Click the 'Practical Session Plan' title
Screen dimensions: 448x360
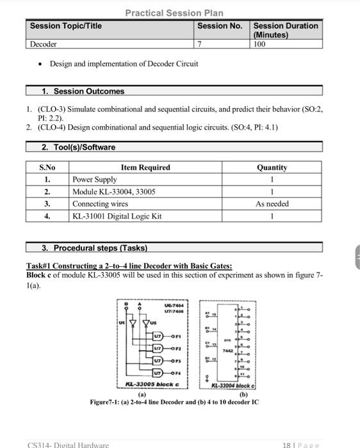(x=174, y=13)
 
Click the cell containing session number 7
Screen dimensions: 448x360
(x=200, y=44)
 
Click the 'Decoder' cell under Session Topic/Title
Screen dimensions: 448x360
(x=44, y=44)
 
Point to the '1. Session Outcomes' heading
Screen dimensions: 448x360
(x=83, y=92)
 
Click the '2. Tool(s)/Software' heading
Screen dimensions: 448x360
(x=78, y=147)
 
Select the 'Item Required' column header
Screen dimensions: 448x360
(x=145, y=168)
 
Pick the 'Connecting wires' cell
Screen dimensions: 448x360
(x=101, y=204)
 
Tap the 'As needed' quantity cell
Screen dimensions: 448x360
(x=272, y=204)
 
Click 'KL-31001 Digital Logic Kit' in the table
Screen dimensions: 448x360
(x=117, y=216)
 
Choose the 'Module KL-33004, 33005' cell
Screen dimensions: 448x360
(x=114, y=192)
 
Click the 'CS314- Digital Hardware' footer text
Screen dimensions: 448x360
(x=69, y=444)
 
